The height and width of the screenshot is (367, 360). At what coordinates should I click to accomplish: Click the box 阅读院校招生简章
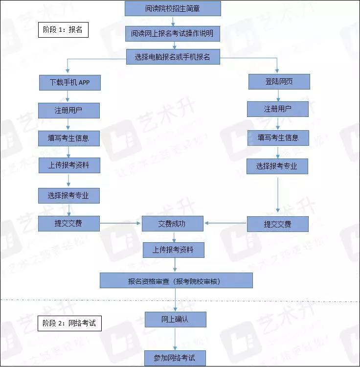coord(173,9)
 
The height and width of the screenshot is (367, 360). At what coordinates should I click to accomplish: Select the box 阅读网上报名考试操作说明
coord(173,34)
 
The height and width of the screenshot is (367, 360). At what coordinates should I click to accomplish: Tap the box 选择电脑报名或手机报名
coord(173,57)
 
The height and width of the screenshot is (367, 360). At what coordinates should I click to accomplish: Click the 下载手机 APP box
coord(70,83)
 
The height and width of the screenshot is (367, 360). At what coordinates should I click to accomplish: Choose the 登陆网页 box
coord(279,82)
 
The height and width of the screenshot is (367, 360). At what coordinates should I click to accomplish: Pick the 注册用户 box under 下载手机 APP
coord(69,111)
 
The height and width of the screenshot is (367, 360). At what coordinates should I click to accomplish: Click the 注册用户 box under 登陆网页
coord(278,109)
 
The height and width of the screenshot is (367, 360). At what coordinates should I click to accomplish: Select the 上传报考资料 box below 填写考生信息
coord(69,165)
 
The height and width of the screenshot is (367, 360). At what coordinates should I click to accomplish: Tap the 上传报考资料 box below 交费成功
coord(174,250)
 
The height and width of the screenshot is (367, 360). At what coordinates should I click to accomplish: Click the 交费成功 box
coord(173,224)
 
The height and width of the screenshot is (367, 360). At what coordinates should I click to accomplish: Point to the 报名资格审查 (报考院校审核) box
coord(176,280)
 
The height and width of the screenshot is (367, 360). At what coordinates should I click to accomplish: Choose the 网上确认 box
coord(176,320)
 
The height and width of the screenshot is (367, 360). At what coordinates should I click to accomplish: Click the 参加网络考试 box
coord(175,358)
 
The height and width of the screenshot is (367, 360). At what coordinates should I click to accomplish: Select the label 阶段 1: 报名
coord(63,30)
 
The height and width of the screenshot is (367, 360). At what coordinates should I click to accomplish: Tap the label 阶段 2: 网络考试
coord(69,323)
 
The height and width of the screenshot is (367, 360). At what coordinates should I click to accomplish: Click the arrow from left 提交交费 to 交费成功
coord(120,223)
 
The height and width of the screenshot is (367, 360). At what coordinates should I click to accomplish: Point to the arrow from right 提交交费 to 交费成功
coord(225,223)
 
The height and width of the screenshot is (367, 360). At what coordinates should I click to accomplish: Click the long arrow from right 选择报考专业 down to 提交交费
coord(278,195)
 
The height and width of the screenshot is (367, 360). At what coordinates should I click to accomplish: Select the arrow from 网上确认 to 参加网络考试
coord(175,339)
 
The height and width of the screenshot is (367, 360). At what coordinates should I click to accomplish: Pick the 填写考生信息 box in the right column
coord(278,138)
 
